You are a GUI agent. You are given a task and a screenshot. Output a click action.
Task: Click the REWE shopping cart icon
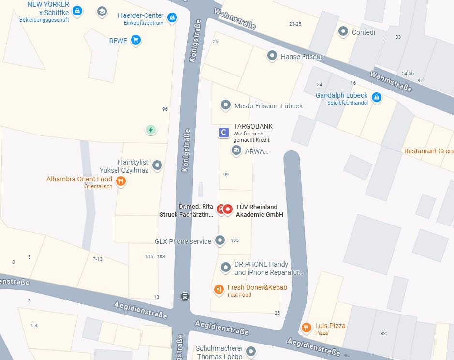[136, 40]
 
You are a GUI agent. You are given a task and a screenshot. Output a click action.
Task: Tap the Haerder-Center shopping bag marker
[172, 18]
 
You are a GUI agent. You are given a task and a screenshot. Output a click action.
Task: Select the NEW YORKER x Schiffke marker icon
[77, 10]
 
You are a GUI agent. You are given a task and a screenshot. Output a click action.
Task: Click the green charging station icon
[151, 129]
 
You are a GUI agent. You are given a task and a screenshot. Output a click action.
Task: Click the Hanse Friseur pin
[272, 56]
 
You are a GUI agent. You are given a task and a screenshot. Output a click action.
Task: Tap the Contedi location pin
[343, 32]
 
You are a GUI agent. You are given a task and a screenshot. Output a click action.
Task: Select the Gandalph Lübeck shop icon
[377, 98]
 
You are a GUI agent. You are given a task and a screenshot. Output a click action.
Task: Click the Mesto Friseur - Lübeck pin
[225, 105]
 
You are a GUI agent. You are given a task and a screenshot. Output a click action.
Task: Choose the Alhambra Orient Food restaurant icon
[121, 181]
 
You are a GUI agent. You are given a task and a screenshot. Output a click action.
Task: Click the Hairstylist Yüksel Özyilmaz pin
[157, 165]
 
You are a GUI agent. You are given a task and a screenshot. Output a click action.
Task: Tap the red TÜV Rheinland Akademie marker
[227, 209]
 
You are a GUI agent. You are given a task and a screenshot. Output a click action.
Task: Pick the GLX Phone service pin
[220, 240]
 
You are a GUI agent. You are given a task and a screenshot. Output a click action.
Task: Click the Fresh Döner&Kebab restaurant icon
[219, 289]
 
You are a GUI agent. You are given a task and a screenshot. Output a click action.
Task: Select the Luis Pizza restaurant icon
[306, 328]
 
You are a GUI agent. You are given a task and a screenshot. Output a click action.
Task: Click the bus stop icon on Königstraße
[185, 296]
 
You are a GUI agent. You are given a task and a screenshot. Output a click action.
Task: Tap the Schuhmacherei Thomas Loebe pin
[250, 351]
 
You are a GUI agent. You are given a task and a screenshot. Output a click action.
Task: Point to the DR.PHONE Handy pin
[225, 267]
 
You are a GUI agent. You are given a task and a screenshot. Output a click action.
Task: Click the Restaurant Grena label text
[428, 151]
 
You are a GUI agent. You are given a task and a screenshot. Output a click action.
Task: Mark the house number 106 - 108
[155, 256]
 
